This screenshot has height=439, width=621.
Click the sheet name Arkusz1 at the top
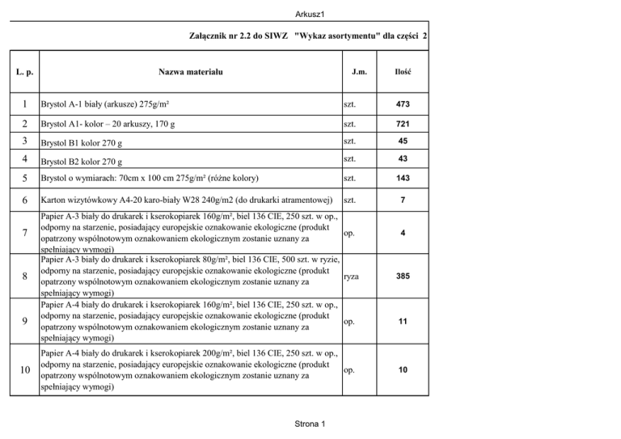(310, 10)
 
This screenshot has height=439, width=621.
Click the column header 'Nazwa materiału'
(190, 73)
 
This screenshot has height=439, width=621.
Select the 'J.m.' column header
(361, 73)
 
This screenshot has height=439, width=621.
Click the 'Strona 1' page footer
(310, 424)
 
